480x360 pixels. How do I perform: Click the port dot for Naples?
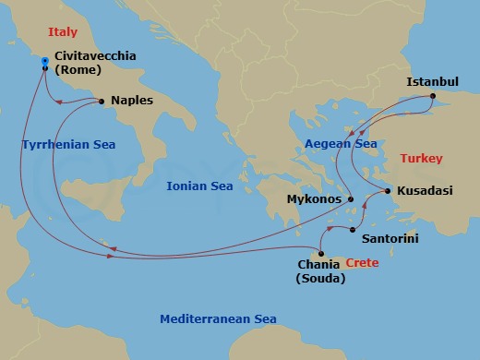coord(101,101)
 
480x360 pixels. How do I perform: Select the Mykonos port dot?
coord(351,198)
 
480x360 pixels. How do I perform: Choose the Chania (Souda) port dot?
coord(320,254)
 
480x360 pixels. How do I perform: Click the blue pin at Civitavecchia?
coord(44,63)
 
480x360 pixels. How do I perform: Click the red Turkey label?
coord(421,159)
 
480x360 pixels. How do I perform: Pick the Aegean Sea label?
coord(341,144)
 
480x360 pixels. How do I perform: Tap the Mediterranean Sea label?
coord(218,319)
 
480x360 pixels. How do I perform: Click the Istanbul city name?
coord(433,82)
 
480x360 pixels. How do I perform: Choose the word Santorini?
coord(392,237)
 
